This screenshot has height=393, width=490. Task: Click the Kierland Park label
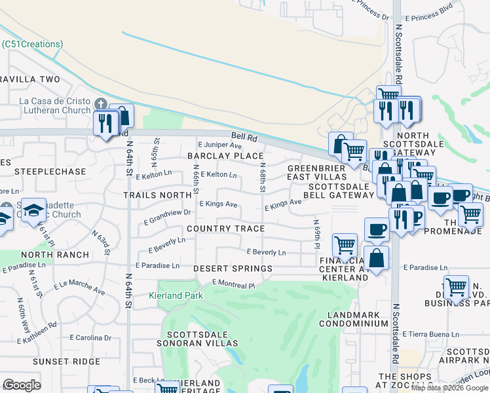pyautogui.click(x=181, y=295)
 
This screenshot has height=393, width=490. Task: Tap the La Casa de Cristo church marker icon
pyautogui.click(x=100, y=105)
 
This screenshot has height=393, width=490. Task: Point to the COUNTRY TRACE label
pyautogui.click(x=225, y=229)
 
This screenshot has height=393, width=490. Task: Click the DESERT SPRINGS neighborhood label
pyautogui.click(x=233, y=269)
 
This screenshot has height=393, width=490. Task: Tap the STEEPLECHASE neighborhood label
pyautogui.click(x=54, y=172)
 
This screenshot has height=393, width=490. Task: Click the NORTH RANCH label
pyautogui.click(x=54, y=255)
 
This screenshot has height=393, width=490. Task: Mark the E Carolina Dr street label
pyautogui.click(x=90, y=337)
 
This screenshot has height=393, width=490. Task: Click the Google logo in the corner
pyautogui.click(x=22, y=385)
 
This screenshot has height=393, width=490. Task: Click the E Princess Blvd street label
pyautogui.click(x=429, y=18)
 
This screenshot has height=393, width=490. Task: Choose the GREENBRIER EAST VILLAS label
pyautogui.click(x=317, y=172)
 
